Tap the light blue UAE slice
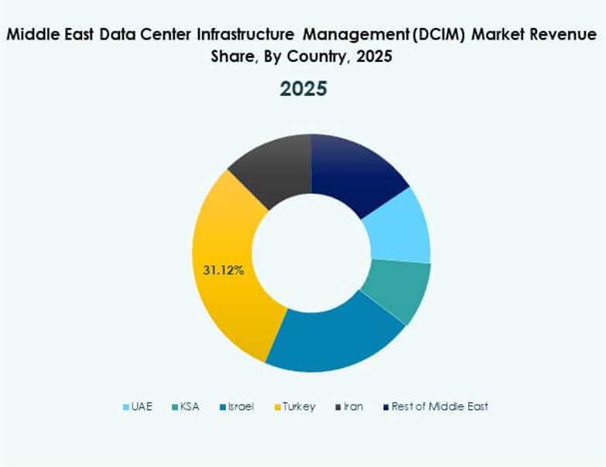[x=398, y=225]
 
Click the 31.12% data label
[x=224, y=270]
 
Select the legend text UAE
[x=142, y=407]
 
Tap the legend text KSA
[x=189, y=407]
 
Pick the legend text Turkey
[x=299, y=407]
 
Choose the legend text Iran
[x=354, y=407]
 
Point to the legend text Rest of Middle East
[x=440, y=407]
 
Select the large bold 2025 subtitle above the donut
[x=303, y=89]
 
